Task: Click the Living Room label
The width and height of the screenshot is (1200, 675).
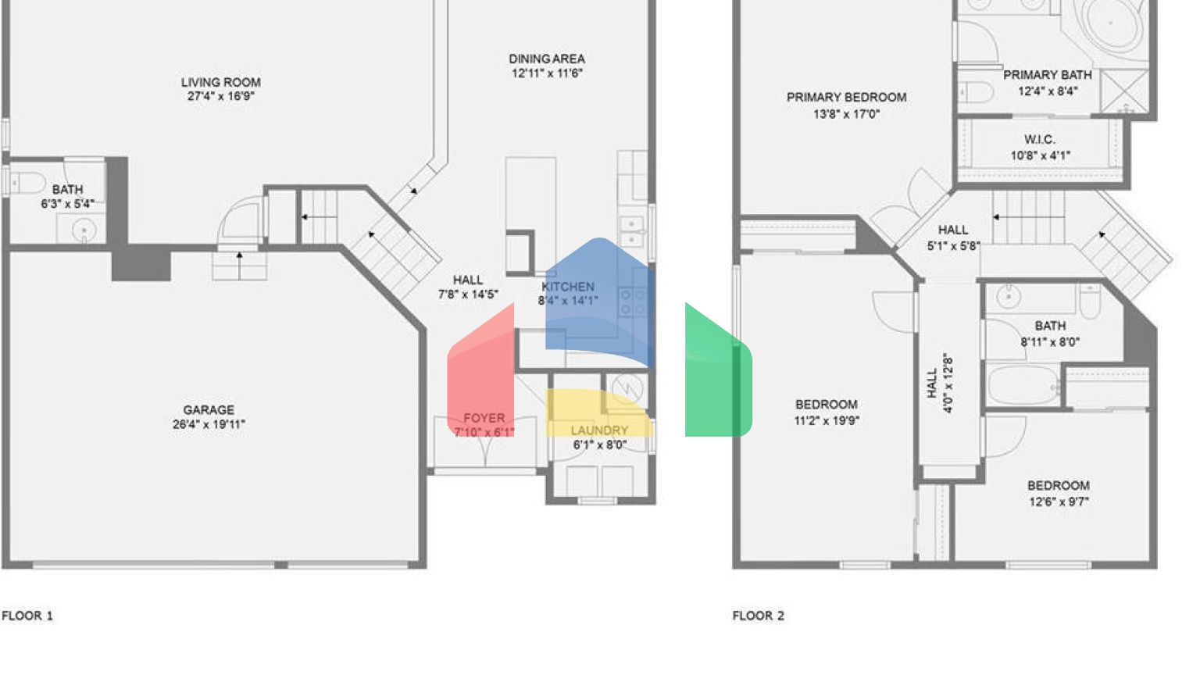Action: (x=220, y=82)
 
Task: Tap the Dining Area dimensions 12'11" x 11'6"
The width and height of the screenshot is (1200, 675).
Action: (x=547, y=73)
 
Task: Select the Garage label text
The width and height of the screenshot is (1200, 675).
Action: (x=209, y=409)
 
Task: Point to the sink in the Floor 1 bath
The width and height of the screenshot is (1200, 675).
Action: (x=83, y=230)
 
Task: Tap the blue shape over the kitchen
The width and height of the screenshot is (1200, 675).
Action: (x=598, y=301)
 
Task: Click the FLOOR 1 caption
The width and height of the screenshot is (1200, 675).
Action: (x=27, y=616)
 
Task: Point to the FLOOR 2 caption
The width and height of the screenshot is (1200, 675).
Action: (x=758, y=616)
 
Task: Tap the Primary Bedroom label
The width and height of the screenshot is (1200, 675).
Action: (x=846, y=98)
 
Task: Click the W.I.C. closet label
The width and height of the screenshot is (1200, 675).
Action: (x=1039, y=139)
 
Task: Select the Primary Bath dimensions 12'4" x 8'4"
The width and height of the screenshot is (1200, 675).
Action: (x=1048, y=91)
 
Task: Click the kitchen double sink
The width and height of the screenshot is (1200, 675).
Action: (x=631, y=230)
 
